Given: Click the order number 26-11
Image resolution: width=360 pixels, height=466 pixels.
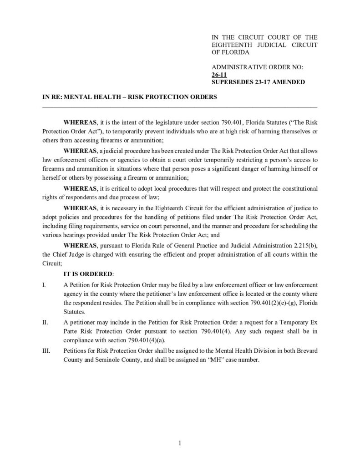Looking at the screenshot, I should (219, 75).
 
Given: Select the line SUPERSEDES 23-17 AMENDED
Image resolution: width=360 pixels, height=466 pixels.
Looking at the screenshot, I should (258, 82).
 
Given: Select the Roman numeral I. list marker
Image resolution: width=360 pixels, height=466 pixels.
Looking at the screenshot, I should (44, 284).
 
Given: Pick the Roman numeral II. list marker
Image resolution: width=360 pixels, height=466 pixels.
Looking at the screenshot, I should (45, 323).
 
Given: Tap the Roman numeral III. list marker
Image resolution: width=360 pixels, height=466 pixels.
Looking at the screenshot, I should (46, 351).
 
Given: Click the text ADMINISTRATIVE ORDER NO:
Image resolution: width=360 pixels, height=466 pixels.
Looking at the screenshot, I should (258, 67).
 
